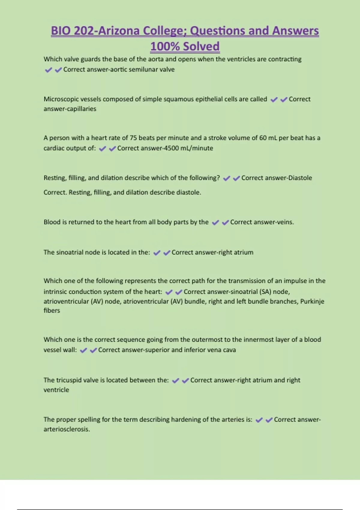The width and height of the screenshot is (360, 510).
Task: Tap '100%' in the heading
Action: (165, 46)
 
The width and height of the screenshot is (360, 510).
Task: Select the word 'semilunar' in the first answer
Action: (143, 70)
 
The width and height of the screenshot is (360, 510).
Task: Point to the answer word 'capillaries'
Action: (81, 109)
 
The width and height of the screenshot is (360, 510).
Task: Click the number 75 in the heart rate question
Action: (133, 138)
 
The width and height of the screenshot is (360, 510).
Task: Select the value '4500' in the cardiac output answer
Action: (172, 148)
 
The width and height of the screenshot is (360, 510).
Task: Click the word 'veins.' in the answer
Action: (284, 222)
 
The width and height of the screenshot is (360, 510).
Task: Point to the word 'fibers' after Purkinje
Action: (52, 310)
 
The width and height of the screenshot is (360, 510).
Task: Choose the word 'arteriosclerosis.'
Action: (67, 429)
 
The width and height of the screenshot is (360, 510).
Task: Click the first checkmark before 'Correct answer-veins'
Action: (215, 223)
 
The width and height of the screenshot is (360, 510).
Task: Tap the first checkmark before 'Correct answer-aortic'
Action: (48, 70)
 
